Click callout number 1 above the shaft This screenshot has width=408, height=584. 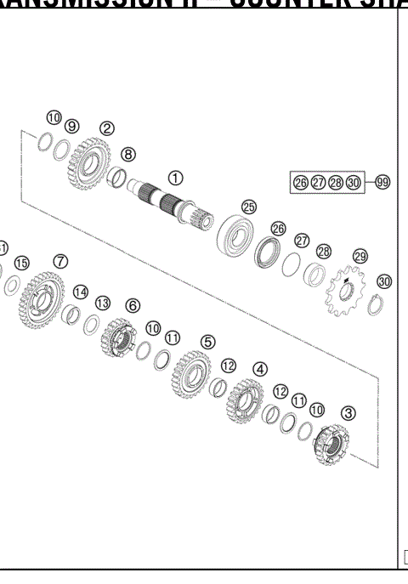[x=175, y=178]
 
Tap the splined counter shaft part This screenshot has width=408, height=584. [x=169, y=209]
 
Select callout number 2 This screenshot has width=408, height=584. [x=107, y=128]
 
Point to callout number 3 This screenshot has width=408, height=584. [x=348, y=412]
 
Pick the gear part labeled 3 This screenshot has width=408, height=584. [x=331, y=447]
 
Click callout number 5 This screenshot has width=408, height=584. [x=207, y=341]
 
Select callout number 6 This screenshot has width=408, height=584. [x=133, y=304]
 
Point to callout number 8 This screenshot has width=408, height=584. [x=127, y=155]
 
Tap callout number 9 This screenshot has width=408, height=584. [x=72, y=125]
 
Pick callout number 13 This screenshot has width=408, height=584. [x=102, y=303]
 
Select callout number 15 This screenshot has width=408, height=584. [x=22, y=263]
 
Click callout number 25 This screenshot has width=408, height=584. [x=248, y=207]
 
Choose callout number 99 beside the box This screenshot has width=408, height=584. [x=382, y=183]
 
